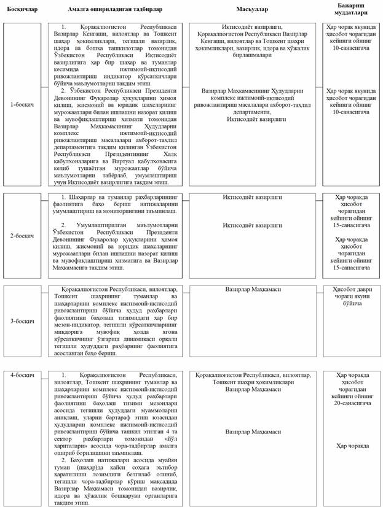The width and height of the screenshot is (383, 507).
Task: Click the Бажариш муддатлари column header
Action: [350, 10]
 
